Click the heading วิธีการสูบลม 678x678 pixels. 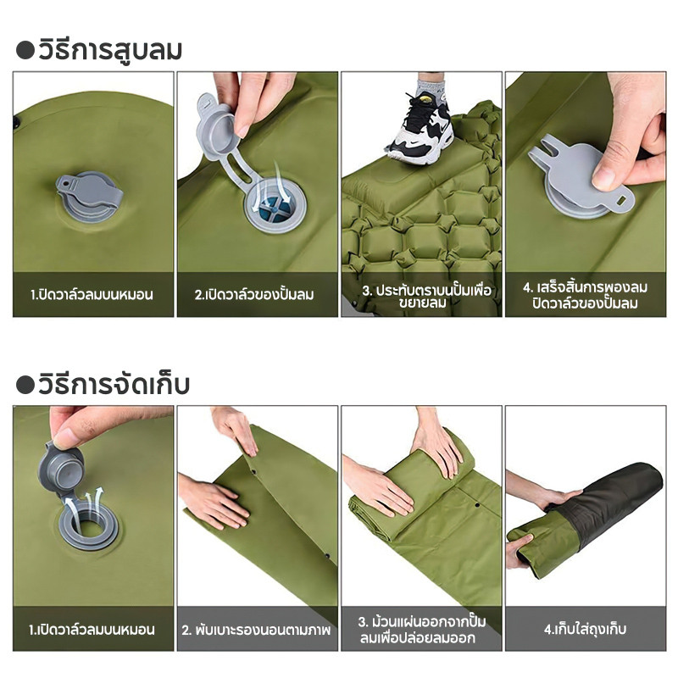tap(110, 50)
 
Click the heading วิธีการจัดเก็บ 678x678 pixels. tap(114, 385)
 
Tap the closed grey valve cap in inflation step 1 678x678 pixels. tap(90, 197)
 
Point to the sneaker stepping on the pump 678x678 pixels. tap(420, 131)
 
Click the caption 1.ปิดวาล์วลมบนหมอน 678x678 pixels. tap(92, 295)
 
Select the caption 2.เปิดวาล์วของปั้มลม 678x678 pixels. tap(254, 295)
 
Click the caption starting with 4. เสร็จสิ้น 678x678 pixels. tap(586, 295)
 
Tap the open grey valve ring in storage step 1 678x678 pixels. tap(88, 525)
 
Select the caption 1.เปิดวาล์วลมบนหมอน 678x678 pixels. tap(92, 629)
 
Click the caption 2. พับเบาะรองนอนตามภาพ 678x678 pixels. tap(256, 630)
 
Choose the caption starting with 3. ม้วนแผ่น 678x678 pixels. tap(422, 630)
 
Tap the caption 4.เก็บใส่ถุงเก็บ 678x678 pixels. tap(586, 629)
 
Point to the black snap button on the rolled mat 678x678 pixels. tap(477, 505)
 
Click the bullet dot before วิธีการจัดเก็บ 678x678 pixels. tap(25, 385)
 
